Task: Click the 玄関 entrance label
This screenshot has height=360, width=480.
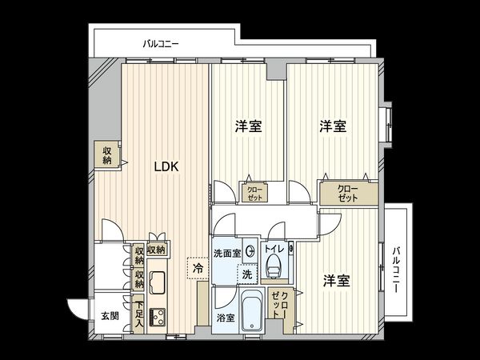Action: (x=110, y=316)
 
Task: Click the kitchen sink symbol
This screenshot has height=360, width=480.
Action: (x=157, y=282)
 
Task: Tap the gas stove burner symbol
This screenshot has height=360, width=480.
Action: (x=157, y=317)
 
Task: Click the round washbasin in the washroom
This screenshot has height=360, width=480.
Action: (x=250, y=251)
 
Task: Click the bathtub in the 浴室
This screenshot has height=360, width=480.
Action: (x=251, y=310)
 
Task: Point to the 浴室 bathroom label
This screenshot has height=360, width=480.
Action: (x=225, y=318)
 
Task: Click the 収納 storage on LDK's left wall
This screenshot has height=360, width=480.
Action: (x=106, y=154)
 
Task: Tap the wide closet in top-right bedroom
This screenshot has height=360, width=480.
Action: (x=347, y=193)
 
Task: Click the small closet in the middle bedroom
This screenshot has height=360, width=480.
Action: (x=254, y=193)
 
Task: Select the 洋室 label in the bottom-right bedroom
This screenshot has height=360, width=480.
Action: (x=336, y=282)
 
